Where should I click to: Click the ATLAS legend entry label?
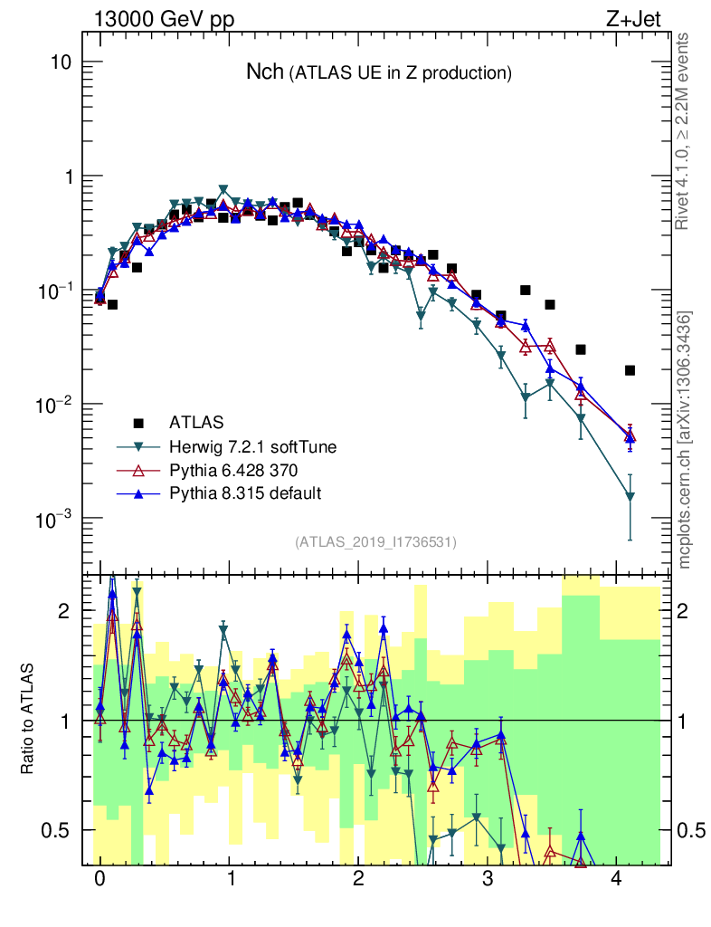point(196,422)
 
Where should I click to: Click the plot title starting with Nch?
point(379,72)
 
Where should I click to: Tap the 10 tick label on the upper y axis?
point(61,62)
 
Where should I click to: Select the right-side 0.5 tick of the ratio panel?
point(689,830)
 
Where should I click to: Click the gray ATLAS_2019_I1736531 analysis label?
point(375,542)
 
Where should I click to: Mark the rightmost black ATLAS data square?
point(630,370)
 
